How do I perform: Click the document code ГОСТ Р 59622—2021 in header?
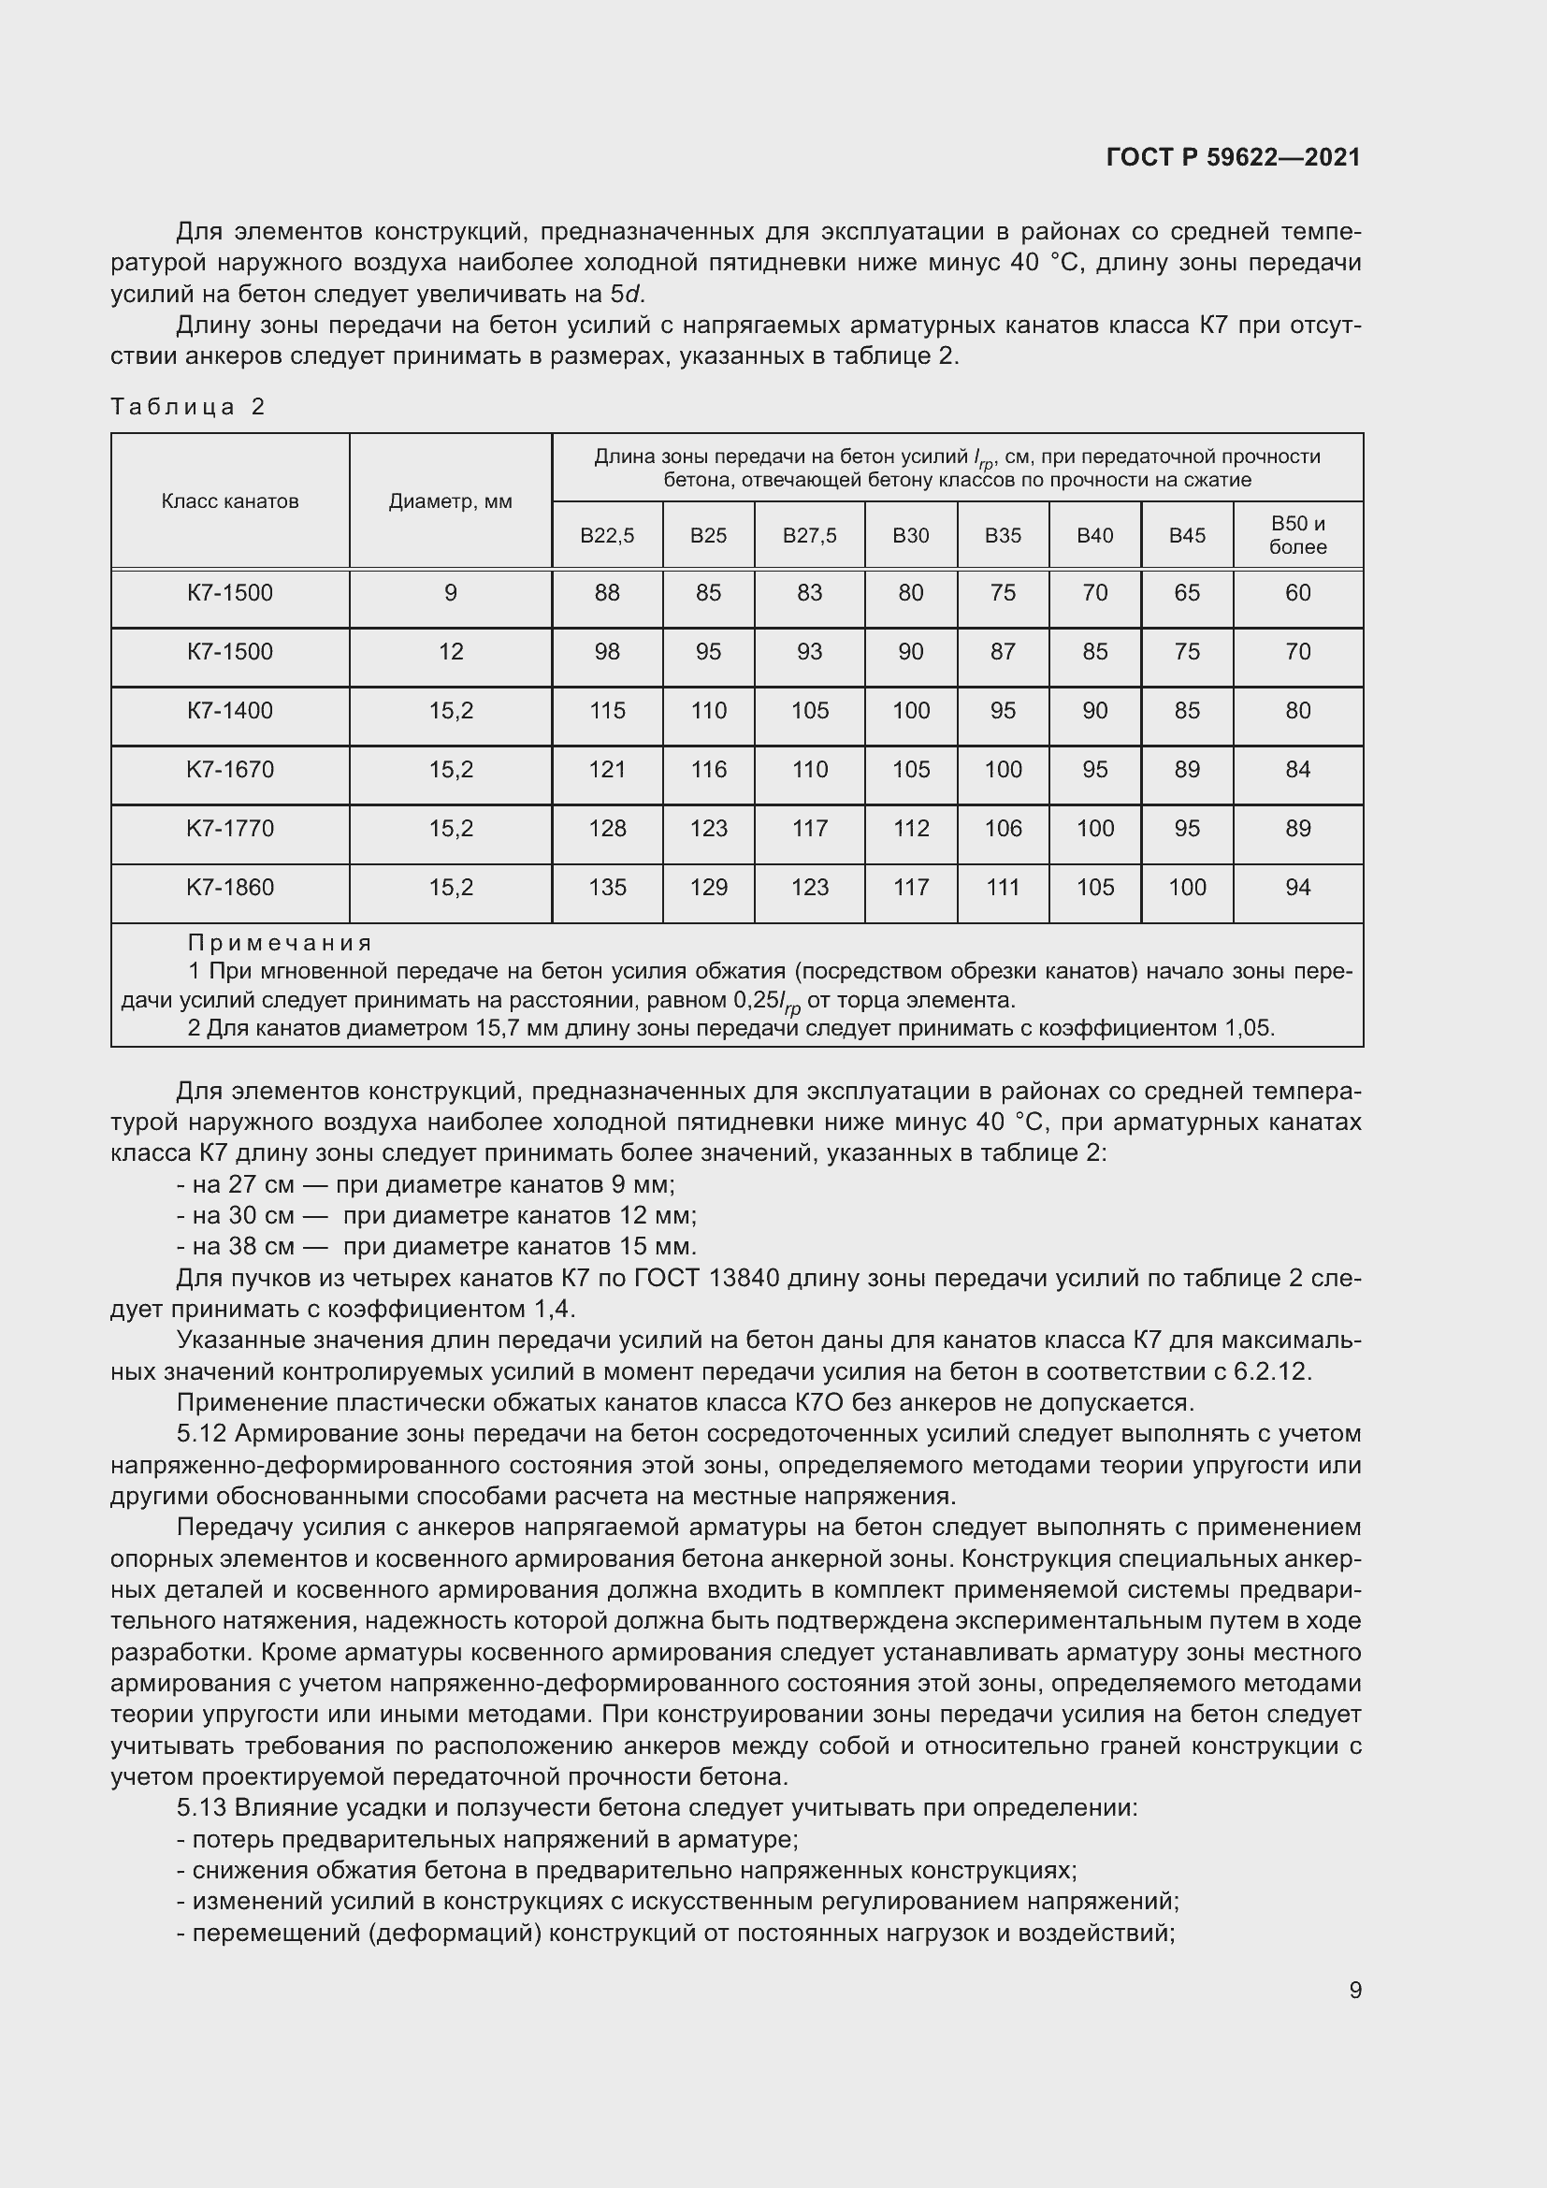click(1234, 157)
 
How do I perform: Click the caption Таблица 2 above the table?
click(188, 407)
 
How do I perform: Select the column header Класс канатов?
click(229, 501)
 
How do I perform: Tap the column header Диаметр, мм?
click(450, 501)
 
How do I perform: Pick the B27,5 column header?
click(810, 536)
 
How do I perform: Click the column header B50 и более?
click(1297, 535)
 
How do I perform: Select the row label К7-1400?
click(229, 710)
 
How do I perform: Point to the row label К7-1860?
click(229, 887)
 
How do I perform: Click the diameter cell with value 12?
click(450, 652)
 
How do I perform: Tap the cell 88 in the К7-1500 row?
click(607, 593)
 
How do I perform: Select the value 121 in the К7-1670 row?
click(607, 769)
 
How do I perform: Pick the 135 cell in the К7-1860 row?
click(607, 887)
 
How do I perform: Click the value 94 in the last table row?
click(1297, 887)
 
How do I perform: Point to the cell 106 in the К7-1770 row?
click(1002, 828)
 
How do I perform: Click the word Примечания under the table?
click(279, 943)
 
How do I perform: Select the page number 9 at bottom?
click(1355, 1990)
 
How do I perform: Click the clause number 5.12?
click(201, 1433)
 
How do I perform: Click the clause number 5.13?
click(201, 1808)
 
